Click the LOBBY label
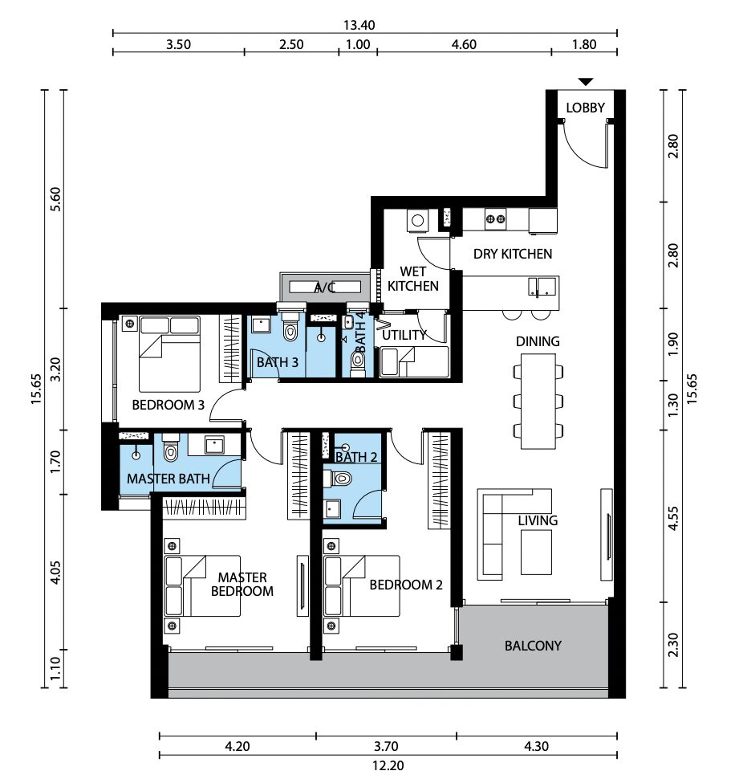(585, 108)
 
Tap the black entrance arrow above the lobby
(586, 82)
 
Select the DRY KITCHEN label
(513, 254)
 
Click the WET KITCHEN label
(413, 279)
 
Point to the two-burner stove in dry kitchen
(495, 218)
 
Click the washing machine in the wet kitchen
(417, 221)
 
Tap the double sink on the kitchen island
(542, 288)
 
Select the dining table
(538, 402)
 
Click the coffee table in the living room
(536, 552)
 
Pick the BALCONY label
(533, 646)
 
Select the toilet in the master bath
(170, 450)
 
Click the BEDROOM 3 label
(168, 405)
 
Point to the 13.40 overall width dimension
(359, 25)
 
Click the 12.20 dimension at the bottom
(388, 765)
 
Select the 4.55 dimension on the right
(673, 518)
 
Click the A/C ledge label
(325, 288)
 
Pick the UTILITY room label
(404, 336)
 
